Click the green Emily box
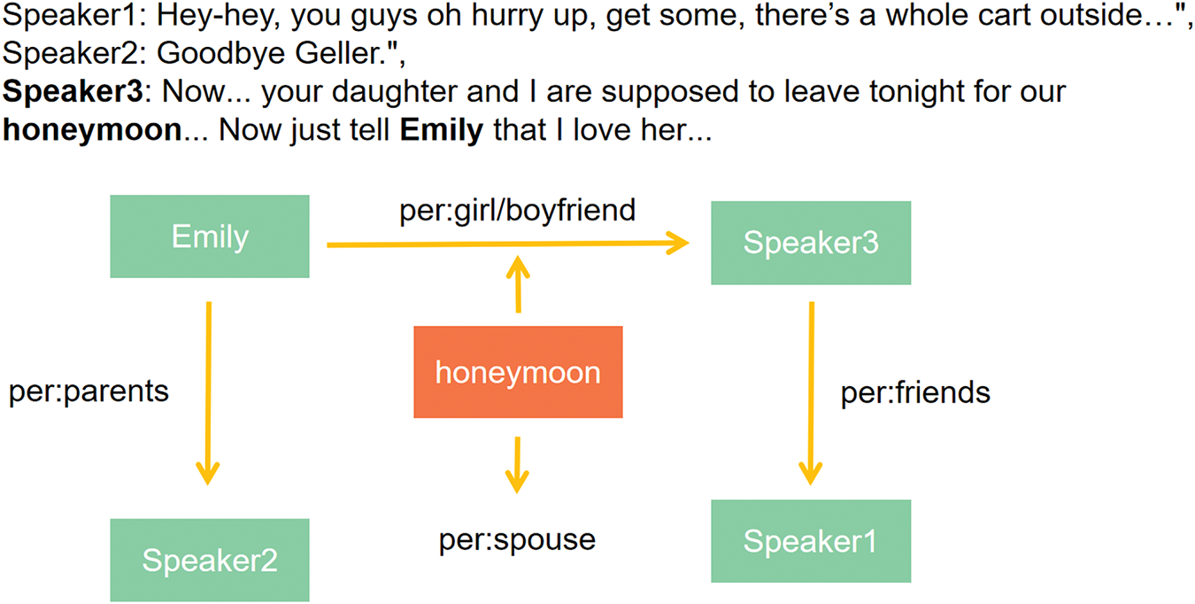(x=210, y=236)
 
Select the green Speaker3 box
(x=811, y=243)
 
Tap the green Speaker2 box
(x=210, y=561)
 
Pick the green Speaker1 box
(x=811, y=541)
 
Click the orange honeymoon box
(x=518, y=372)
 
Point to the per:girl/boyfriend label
(x=518, y=210)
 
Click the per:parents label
(x=89, y=391)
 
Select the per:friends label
(x=915, y=392)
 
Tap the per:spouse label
(x=517, y=540)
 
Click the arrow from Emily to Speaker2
(x=208, y=393)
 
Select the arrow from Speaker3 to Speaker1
(x=811, y=393)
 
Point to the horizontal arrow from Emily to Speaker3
(x=508, y=244)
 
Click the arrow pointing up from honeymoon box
(x=518, y=284)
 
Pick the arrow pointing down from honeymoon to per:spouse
(x=517, y=465)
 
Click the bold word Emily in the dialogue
(x=442, y=130)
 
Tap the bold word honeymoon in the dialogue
(x=93, y=130)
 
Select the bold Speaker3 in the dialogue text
(x=73, y=91)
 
